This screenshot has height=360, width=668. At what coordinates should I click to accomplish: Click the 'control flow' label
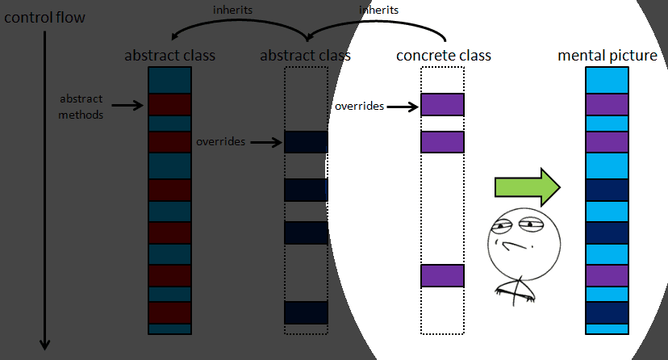point(44,16)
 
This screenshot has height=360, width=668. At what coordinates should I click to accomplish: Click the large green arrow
point(527,187)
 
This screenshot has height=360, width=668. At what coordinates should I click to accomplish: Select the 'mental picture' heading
point(607,56)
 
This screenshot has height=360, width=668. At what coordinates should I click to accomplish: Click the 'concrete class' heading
point(444,56)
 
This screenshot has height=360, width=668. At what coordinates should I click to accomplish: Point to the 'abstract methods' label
point(81,107)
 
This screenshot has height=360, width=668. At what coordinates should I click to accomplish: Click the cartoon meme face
point(514,250)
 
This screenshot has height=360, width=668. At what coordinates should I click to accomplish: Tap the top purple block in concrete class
point(442,104)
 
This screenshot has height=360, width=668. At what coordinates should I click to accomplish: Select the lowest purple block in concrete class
point(442,275)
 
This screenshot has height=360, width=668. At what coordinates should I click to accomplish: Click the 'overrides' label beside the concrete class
point(359,106)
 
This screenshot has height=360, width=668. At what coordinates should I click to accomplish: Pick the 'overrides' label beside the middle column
point(220,141)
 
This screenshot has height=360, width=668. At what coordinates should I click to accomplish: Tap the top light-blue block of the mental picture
point(607,81)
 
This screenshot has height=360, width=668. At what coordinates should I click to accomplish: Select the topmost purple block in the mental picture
point(607,105)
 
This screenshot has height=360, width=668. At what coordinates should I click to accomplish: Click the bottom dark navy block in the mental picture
point(607,312)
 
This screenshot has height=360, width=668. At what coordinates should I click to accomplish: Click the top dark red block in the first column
point(169,104)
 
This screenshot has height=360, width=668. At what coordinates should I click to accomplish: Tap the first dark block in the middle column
point(306,141)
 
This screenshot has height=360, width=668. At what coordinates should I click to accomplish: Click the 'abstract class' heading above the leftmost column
point(169,56)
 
